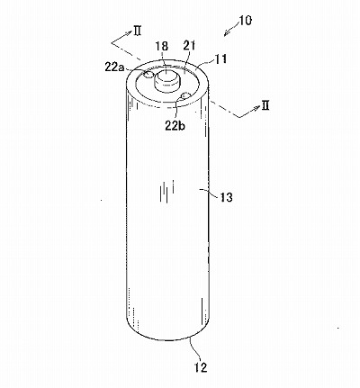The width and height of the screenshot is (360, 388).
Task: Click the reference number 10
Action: [246, 21]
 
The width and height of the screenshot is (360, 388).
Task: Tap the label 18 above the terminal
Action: [162, 46]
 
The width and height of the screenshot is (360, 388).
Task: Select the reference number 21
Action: [189, 46]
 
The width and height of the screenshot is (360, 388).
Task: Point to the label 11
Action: [220, 59]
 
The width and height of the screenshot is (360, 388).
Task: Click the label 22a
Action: [115, 67]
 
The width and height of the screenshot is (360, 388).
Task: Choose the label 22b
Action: [175, 125]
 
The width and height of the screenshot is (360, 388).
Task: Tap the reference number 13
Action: [226, 197]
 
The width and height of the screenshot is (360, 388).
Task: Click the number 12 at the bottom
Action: [201, 367]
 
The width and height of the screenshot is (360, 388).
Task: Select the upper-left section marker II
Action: [137, 31]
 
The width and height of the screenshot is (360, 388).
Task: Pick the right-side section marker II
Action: [265, 105]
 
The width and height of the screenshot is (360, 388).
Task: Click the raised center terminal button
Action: [166, 80]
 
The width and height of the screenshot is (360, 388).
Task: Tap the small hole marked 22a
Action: [148, 74]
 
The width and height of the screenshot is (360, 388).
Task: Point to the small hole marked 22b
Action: [184, 96]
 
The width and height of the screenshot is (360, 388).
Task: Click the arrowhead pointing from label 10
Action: [226, 33]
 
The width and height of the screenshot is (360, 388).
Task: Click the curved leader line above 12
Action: [195, 349]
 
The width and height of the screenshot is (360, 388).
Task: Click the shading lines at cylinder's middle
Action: [166, 193]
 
